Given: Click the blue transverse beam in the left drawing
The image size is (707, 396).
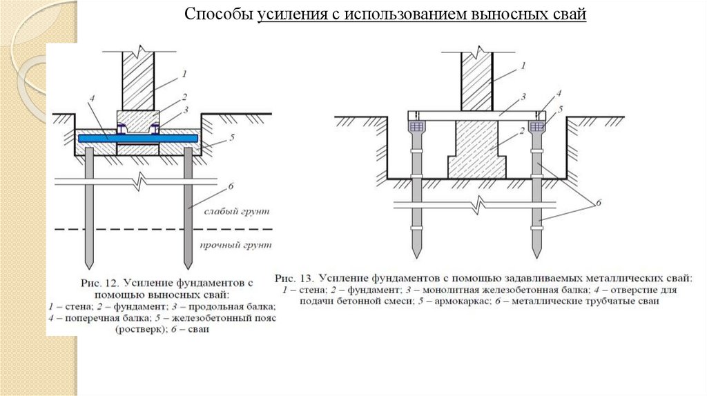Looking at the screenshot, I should [138, 138].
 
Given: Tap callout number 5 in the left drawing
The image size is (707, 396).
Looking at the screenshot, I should [233, 137].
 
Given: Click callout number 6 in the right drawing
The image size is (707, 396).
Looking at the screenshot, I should [599, 202].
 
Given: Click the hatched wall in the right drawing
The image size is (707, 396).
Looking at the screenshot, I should [476, 79].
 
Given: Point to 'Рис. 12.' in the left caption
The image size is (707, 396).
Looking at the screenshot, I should [99, 282].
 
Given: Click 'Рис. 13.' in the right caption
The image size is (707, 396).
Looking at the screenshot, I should [293, 278].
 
